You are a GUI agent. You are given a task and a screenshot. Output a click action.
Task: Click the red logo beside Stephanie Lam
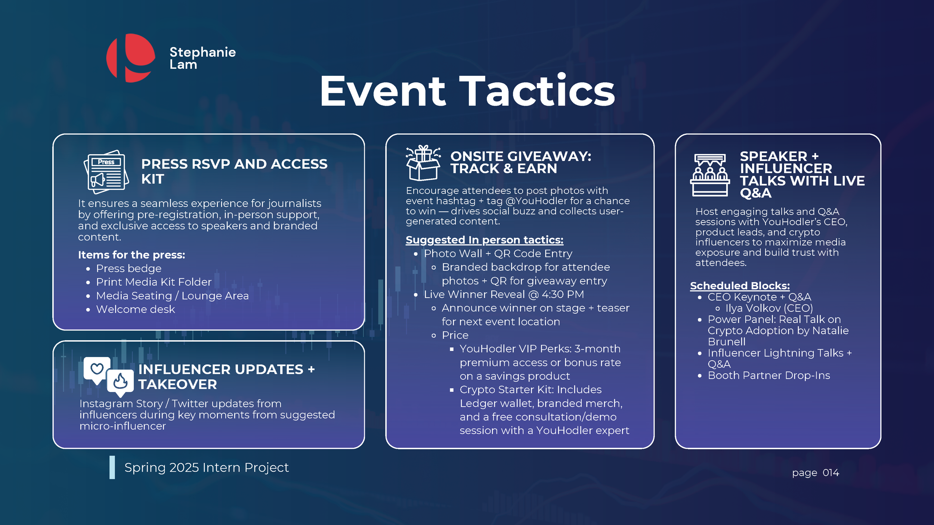tap(131, 58)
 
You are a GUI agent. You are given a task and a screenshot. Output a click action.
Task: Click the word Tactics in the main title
tap(537, 91)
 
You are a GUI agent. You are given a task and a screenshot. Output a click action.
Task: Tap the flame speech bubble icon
tap(120, 382)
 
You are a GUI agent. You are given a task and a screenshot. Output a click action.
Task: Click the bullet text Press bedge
tap(129, 268)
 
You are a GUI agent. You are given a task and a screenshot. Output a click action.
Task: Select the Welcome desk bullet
tap(135, 310)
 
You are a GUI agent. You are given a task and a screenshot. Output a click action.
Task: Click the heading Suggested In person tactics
tap(484, 240)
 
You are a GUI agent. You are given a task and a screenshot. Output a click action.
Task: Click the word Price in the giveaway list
tap(455, 335)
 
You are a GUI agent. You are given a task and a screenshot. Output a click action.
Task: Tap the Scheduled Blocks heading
tap(739, 286)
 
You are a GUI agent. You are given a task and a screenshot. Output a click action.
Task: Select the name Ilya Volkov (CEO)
tap(769, 308)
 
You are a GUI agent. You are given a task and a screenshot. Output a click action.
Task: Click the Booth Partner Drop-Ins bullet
tap(768, 376)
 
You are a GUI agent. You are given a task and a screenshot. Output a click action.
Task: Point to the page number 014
tap(831, 473)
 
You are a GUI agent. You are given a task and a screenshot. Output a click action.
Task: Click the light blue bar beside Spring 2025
tap(112, 467)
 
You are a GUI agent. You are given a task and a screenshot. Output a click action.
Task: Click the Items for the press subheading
tap(132, 255)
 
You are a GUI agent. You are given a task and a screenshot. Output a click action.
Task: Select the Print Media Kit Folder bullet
tap(154, 282)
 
